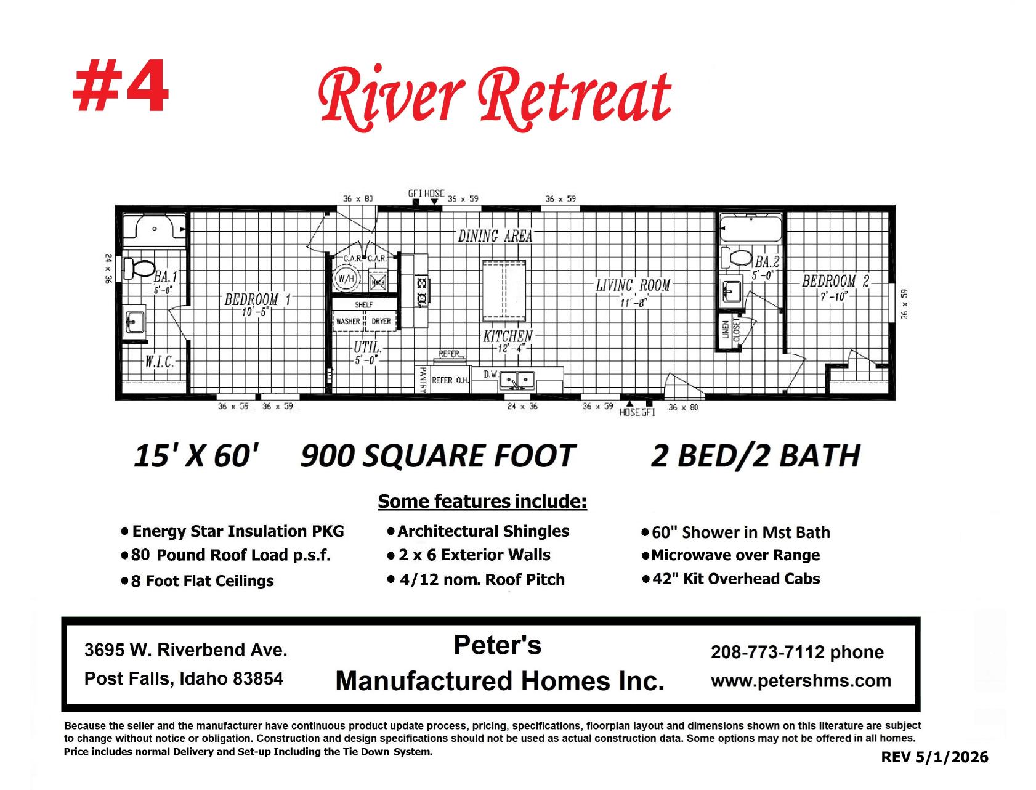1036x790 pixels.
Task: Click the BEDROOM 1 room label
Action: point(257,299)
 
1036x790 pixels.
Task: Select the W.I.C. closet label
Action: point(160,361)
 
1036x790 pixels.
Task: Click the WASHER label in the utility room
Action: point(348,321)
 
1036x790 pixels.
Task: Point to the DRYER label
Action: point(381,321)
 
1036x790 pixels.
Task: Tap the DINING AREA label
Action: point(495,236)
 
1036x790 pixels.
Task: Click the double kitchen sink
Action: point(517,380)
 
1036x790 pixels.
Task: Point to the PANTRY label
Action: point(423,379)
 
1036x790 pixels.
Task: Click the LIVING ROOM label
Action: point(633,285)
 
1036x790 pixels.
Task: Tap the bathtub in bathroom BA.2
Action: point(751,228)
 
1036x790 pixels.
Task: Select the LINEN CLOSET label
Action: point(730,330)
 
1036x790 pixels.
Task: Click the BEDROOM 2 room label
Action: point(836,281)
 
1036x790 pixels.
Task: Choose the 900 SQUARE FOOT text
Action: point(438,456)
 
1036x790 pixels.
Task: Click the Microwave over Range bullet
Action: point(731,555)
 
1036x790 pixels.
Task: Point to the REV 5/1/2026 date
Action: point(935,757)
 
